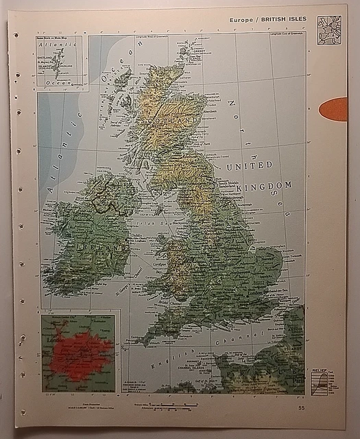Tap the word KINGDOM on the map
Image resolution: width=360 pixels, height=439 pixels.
(264, 185)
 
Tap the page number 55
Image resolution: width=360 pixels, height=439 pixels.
(302, 408)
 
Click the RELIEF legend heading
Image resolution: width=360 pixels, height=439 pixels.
(320, 370)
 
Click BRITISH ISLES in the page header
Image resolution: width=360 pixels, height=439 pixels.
(285, 21)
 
